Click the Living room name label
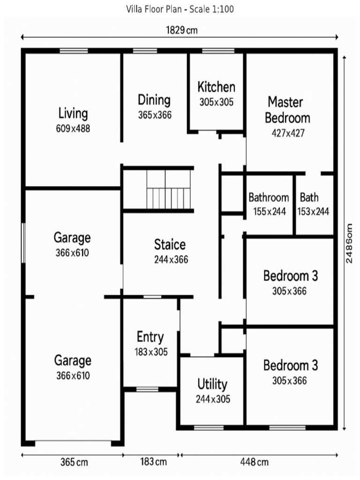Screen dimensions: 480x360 pyautogui.click(x=73, y=113)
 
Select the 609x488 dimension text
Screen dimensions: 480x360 pyautogui.click(x=73, y=128)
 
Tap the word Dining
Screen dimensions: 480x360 pyautogui.click(x=154, y=100)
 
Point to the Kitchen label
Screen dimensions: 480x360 pyautogui.click(x=216, y=87)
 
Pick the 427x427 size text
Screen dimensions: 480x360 pyautogui.click(x=288, y=133)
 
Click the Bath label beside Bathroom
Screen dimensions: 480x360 pyautogui.click(x=309, y=197)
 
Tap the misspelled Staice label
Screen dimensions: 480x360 pyautogui.click(x=170, y=245)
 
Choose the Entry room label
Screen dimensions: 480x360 pyautogui.click(x=150, y=337)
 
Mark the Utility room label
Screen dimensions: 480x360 pyautogui.click(x=212, y=384)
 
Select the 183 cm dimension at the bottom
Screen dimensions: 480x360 pyautogui.click(x=153, y=462)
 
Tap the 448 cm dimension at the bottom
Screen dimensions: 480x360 pyautogui.click(x=255, y=462)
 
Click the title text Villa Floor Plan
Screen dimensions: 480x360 pyautogui.click(x=180, y=9)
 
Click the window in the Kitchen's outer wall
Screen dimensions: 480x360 pyautogui.click(x=218, y=51)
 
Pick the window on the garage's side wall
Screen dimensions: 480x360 pyautogui.click(x=23, y=243)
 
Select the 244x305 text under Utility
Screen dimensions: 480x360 pyautogui.click(x=213, y=399)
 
